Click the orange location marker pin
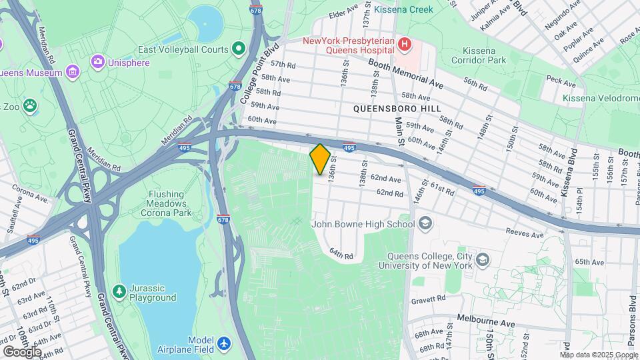(320, 159)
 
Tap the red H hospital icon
(404, 45)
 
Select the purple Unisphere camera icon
(98, 63)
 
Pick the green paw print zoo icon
(29, 105)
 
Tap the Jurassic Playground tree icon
(119, 291)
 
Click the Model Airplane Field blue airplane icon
(224, 343)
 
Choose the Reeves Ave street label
(526, 233)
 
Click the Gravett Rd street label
(429, 299)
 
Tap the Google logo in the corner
(22, 351)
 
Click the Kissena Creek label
(403, 9)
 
